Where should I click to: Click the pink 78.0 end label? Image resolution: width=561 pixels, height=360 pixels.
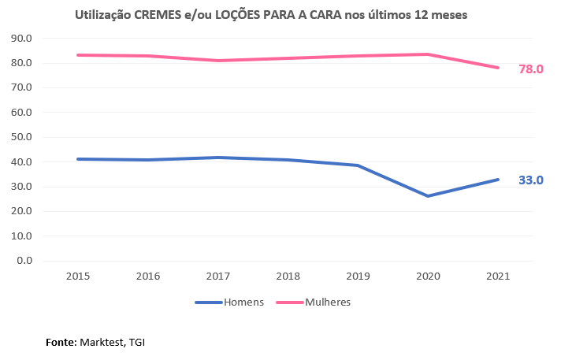530,69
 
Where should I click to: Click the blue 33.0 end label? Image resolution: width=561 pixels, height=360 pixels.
530,180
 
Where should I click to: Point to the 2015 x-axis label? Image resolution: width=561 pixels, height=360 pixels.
77,276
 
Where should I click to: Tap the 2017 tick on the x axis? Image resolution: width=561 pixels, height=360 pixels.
217,276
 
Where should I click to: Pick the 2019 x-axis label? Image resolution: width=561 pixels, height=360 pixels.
358,276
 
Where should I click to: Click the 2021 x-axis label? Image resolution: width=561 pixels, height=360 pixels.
498,276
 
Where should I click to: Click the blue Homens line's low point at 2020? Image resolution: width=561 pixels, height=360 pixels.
428,195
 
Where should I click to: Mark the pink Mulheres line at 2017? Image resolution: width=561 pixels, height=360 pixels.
217,61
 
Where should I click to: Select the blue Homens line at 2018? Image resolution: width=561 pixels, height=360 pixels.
288,160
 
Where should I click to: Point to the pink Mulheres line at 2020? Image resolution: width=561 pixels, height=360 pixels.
428,54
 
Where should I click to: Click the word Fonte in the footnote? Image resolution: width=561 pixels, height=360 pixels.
60,343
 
